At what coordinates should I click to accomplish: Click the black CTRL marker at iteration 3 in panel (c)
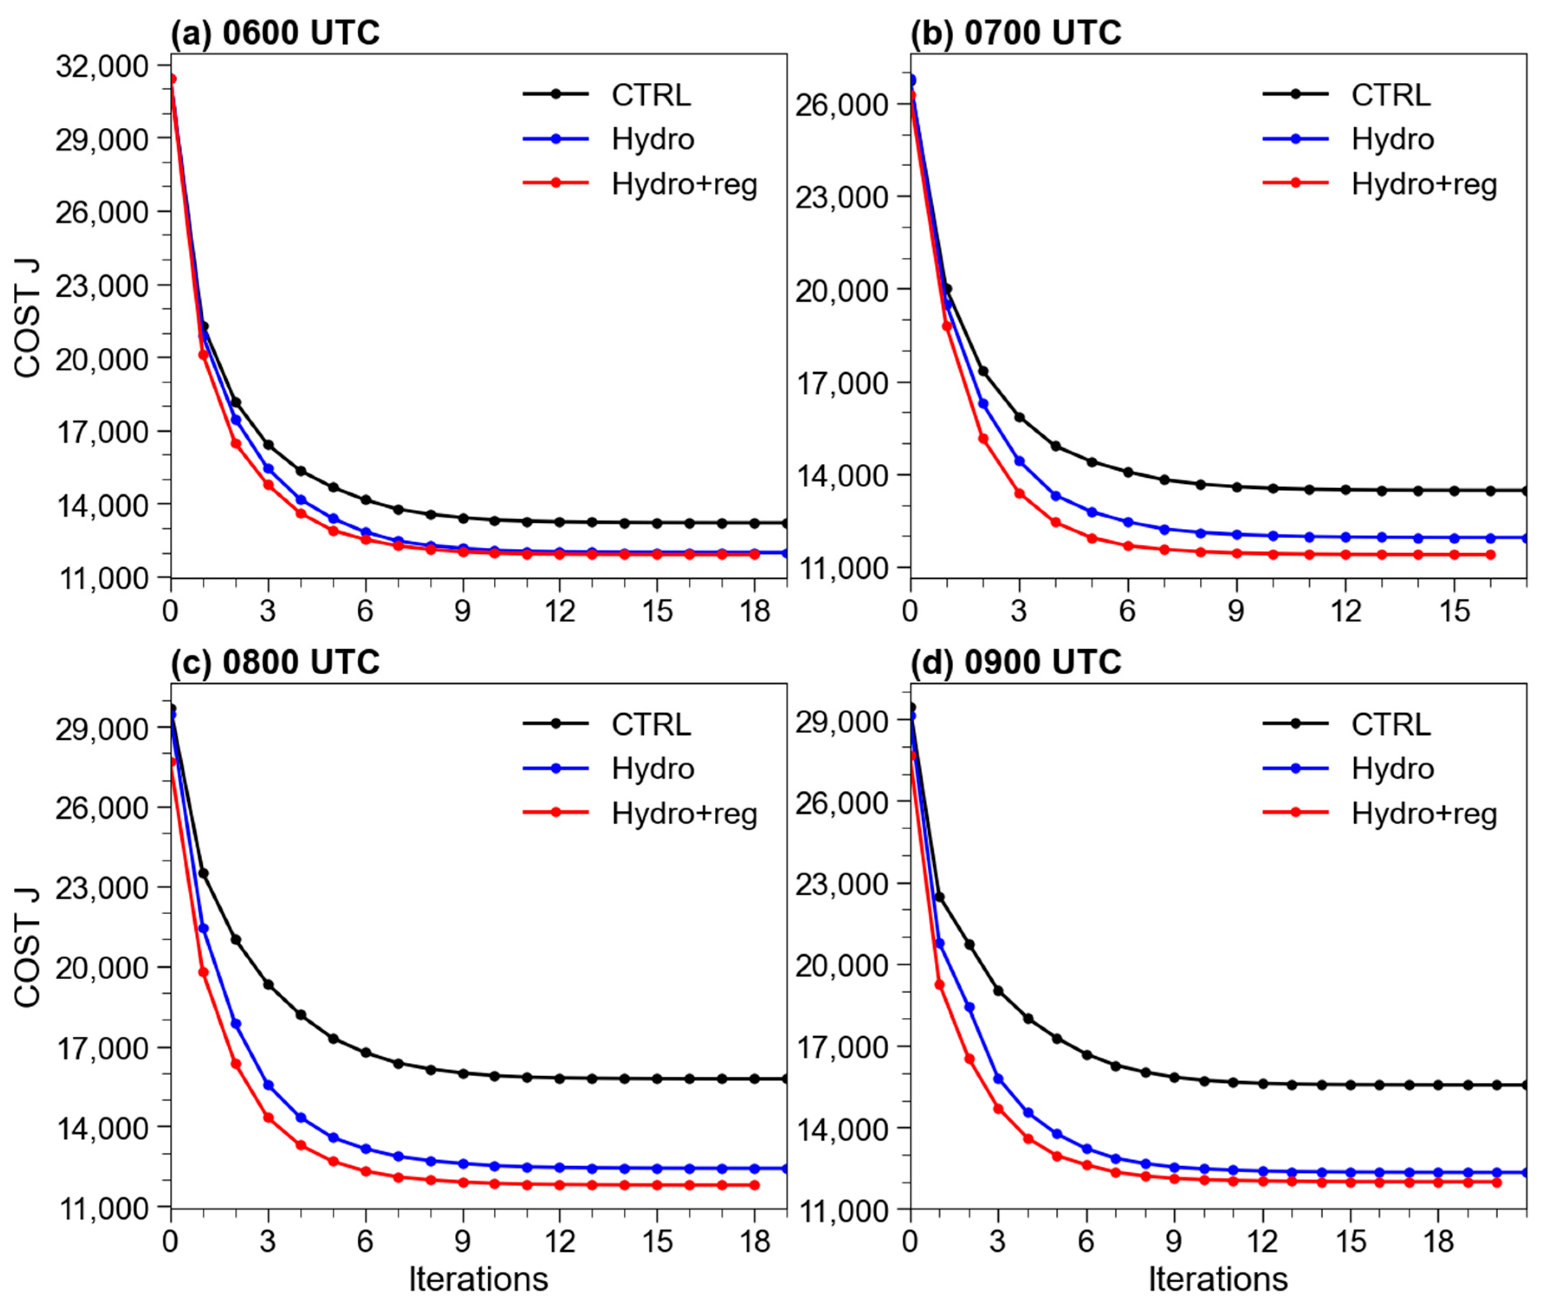point(268,985)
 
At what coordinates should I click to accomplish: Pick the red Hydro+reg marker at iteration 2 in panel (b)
point(983,439)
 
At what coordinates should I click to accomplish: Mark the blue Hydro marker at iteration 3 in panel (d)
point(998,1079)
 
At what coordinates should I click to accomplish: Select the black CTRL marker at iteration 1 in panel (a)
point(203,326)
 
